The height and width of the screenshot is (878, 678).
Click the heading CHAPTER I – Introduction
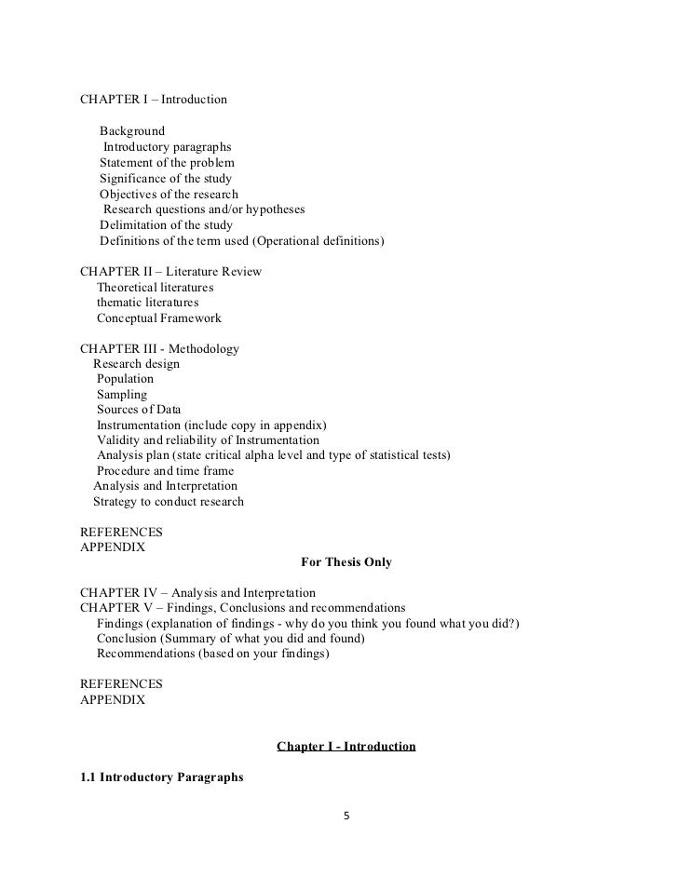[x=154, y=99]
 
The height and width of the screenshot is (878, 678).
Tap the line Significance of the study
[x=166, y=179]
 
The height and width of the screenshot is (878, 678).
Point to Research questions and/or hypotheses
[x=204, y=209]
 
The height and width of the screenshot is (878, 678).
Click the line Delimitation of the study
[x=167, y=225]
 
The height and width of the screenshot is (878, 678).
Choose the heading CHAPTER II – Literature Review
[x=170, y=272]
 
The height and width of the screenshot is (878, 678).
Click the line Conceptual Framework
[x=158, y=318]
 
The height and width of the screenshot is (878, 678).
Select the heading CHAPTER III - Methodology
[x=159, y=349]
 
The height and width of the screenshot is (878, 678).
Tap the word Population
[x=125, y=379]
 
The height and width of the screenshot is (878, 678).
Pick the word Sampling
[x=122, y=395]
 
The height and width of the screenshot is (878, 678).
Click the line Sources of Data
[x=139, y=410]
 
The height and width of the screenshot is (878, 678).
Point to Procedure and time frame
[x=165, y=471]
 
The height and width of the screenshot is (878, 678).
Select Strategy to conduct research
[x=169, y=502]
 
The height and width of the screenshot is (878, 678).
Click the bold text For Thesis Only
[x=346, y=562]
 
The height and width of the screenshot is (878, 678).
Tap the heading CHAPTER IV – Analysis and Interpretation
[x=197, y=593]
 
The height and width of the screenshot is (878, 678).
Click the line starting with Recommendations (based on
[x=212, y=655]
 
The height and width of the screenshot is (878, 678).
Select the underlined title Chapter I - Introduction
[x=346, y=747]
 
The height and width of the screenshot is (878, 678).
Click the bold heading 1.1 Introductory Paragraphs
[x=162, y=777]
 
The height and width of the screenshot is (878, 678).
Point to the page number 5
[x=346, y=817]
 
